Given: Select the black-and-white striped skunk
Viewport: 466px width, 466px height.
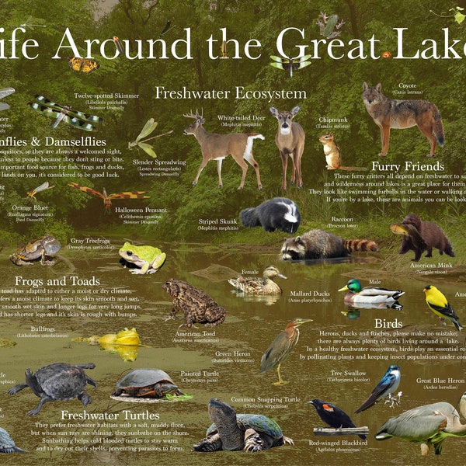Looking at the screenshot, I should coord(271,214).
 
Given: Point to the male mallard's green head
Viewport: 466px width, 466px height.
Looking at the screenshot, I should coord(346,287).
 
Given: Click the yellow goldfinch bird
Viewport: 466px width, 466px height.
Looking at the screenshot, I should coord(440,304).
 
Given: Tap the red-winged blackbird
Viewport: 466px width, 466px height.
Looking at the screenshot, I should coord(332,414).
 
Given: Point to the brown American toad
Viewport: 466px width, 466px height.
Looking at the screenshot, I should coord(193,303).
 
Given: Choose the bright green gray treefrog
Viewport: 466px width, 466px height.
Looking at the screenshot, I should coord(143,256).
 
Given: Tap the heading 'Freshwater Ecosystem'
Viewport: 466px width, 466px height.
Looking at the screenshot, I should coord(231,93).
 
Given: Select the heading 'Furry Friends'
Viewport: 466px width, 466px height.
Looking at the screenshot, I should coord(408,166).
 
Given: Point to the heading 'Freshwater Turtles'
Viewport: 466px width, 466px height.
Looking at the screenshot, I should coord(104,415).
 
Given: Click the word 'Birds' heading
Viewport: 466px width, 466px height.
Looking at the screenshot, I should coord(388,323).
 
